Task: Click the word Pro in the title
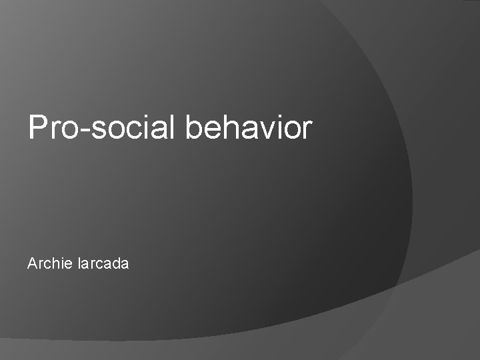pyautogui.click(x=51, y=127)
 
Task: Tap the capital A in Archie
pyautogui.click(x=32, y=264)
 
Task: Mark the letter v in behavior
pyautogui.click(x=266, y=130)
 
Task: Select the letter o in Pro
pyautogui.click(x=67, y=130)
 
